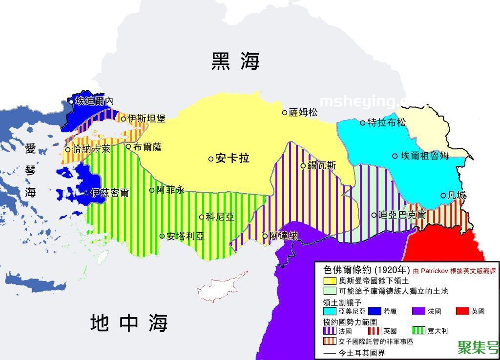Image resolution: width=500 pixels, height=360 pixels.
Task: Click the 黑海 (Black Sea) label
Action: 235,61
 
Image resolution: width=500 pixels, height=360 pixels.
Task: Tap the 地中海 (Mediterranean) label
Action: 129,323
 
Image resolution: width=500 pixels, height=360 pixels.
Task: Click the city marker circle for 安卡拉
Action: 211,159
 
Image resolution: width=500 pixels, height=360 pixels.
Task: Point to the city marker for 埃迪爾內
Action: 71,101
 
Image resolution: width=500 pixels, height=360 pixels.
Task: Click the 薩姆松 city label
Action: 303,113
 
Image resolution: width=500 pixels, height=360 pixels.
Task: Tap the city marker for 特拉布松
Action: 363,122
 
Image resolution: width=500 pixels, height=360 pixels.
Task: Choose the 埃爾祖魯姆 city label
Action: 424,156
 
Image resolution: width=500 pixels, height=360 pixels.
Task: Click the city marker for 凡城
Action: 443,196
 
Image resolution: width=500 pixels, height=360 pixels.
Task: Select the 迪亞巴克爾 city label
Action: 402,215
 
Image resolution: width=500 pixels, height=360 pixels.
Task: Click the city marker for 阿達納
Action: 265,236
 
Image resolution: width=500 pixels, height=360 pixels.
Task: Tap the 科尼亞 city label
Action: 220,217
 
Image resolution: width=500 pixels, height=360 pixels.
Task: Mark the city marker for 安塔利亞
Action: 162,236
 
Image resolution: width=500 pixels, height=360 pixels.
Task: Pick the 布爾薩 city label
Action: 147,147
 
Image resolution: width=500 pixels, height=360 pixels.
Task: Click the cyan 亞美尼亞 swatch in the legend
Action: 330,311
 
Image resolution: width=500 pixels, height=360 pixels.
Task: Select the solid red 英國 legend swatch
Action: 462,311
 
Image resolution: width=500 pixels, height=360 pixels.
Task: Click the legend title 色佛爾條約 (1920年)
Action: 366,270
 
